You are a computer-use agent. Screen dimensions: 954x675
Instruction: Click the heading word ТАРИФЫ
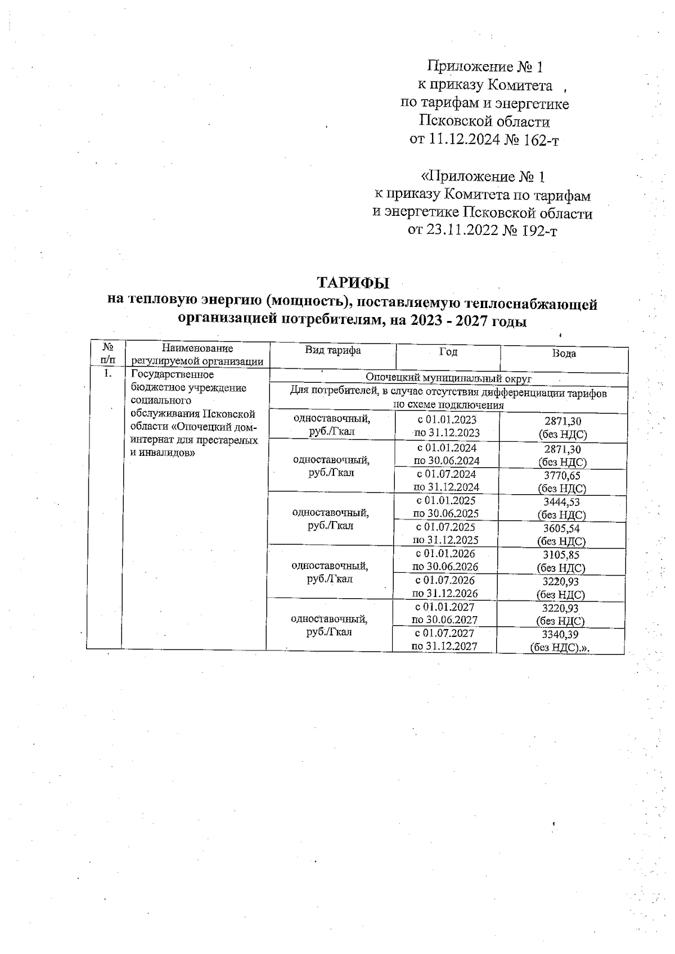pos(353,281)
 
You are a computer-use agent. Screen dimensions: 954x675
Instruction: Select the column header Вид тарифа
pos(333,350)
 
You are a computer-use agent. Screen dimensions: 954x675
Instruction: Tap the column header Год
pos(448,352)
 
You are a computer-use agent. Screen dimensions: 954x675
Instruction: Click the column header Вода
pos(564,354)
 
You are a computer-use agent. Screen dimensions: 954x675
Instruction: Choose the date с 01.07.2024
pos(446,474)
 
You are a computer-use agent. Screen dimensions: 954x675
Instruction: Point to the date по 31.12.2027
pos(444,646)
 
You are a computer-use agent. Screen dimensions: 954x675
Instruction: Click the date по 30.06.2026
pos(445,567)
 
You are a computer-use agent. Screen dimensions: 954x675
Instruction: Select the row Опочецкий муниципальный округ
pos(448,378)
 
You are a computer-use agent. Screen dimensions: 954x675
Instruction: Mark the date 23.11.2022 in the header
pos(461,230)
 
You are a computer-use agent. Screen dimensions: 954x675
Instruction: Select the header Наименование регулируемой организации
pos(197,355)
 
